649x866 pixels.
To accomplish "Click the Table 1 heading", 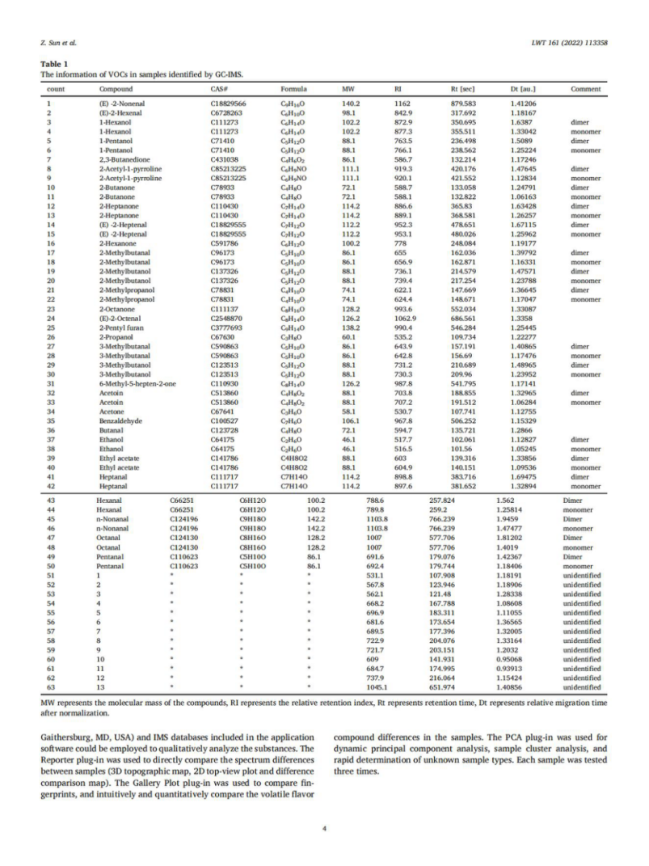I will click(54, 63).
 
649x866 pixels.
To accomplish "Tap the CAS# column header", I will click(218, 89).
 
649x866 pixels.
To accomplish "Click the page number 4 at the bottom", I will click(324, 827).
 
